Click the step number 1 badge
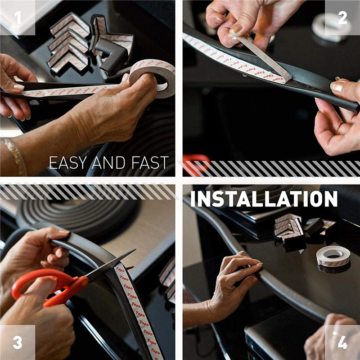click(x=18, y=18)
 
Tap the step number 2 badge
click(x=342, y=18)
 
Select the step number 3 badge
click(x=18, y=342)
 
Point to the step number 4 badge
click(x=342, y=342)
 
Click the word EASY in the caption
click(x=68, y=162)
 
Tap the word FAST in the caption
click(x=150, y=162)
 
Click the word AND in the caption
click(x=108, y=162)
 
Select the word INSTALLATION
click(x=264, y=199)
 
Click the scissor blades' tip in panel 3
click(x=135, y=250)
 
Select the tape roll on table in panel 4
click(x=333, y=256)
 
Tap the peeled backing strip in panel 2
click(x=262, y=55)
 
